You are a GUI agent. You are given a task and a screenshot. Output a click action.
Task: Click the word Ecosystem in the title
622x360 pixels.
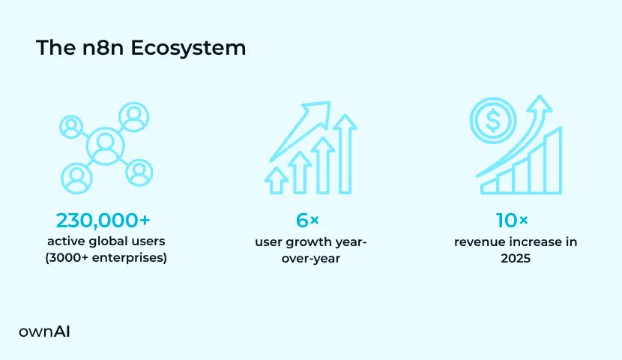click(188, 49)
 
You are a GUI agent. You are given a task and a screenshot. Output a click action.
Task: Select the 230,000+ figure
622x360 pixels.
click(103, 220)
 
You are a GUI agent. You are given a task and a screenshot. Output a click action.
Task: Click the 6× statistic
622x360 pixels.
click(307, 220)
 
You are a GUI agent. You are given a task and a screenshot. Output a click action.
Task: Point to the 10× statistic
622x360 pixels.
click(512, 220)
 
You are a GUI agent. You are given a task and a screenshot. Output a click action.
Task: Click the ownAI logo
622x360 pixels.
click(44, 331)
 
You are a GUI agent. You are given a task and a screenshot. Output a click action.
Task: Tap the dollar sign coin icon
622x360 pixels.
click(493, 120)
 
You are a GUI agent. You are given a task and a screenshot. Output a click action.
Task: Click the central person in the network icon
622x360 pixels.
click(106, 146)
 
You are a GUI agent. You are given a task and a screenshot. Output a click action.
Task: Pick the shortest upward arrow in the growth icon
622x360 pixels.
click(277, 180)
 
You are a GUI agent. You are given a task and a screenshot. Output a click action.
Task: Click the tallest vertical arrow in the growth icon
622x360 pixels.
click(345, 154)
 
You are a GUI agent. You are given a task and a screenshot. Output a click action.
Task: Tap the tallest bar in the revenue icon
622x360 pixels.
click(554, 161)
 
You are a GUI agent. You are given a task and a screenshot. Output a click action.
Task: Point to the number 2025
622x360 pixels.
click(516, 259)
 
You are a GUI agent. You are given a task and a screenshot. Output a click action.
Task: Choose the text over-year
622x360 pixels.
click(311, 259)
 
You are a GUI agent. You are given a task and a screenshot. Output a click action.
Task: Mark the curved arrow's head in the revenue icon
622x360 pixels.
click(540, 103)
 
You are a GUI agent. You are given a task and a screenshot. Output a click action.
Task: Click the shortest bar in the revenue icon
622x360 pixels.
click(489, 186)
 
